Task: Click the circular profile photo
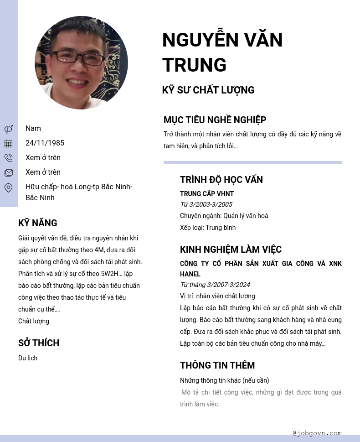pos(81,63)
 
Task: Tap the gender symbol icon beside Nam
pos(9,129)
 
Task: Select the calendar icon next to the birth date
pos(9,144)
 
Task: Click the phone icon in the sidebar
pos(9,158)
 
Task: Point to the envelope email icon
pos(9,173)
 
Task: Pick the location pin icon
pos(9,187)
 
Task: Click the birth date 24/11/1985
pos(45,143)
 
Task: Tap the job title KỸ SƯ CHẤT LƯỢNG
pos(208,90)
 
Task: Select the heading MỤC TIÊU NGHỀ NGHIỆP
pos(215,120)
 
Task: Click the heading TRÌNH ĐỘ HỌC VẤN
pos(221,180)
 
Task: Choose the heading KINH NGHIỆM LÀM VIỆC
pos(231,250)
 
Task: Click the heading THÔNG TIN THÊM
pos(217,365)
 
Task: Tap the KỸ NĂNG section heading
pos(38,223)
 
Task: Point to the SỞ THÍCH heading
pos(39,343)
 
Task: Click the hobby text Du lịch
pos(28,358)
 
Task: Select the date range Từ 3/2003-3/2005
pos(206,204)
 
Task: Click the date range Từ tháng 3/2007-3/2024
pos(215,285)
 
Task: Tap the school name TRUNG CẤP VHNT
pos(207,194)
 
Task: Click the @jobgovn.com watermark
pos(317,433)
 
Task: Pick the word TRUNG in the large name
pos(195,65)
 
